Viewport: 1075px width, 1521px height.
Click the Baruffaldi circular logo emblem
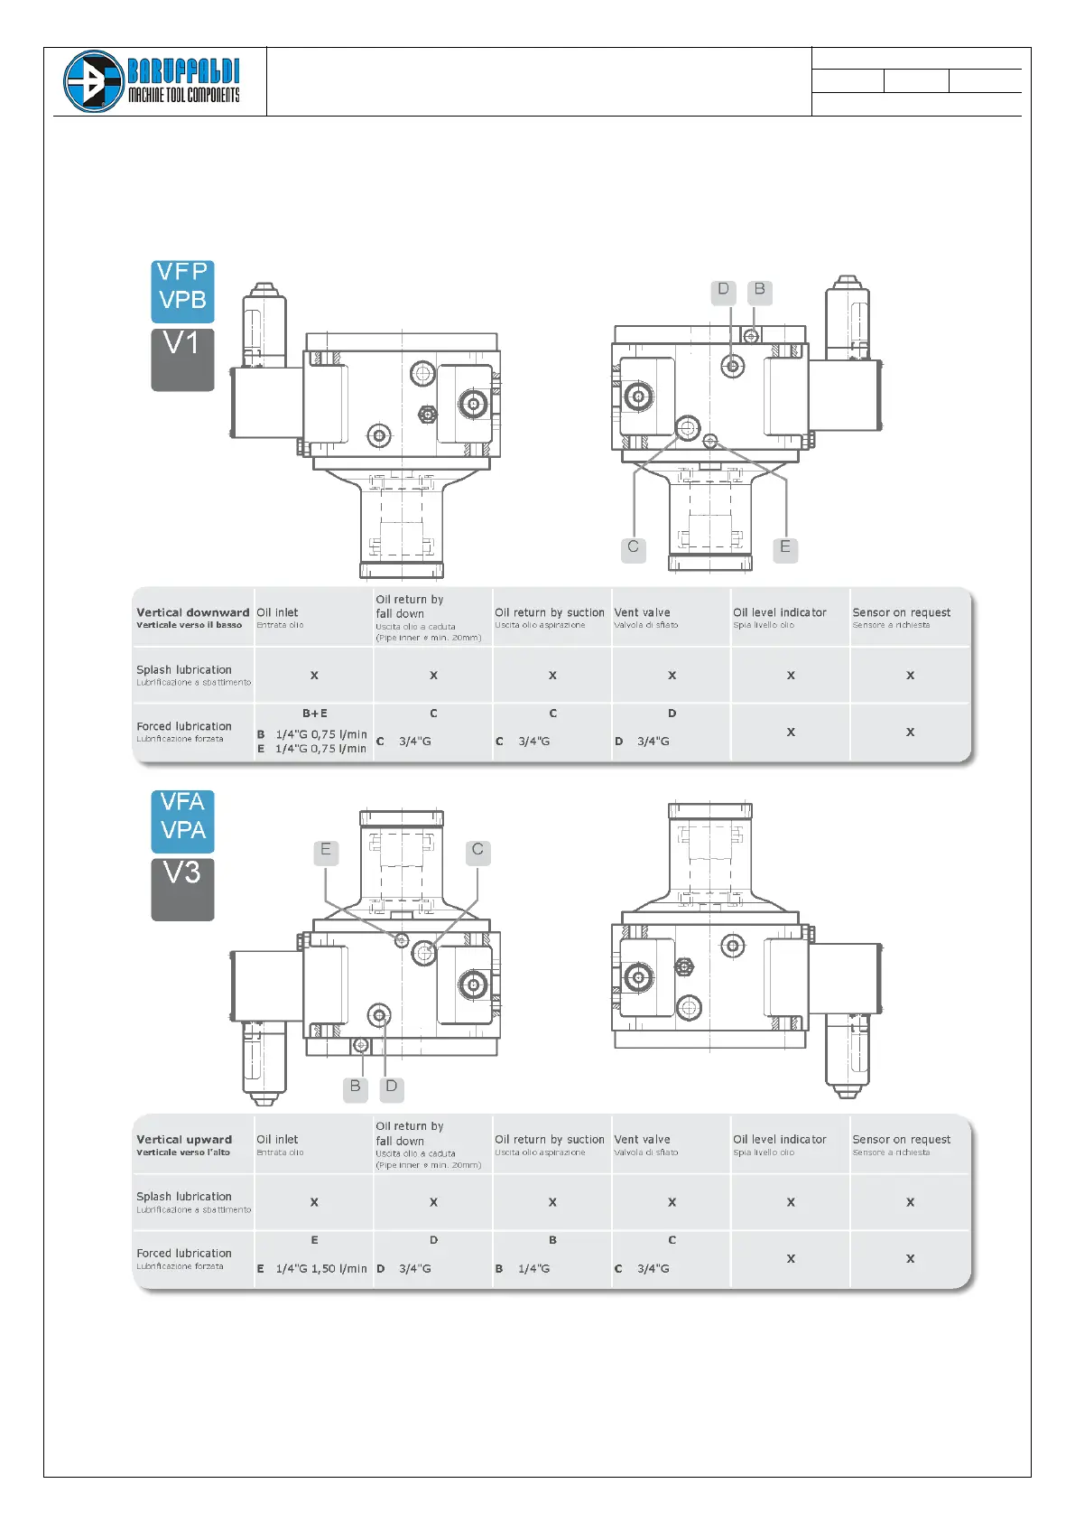tap(93, 81)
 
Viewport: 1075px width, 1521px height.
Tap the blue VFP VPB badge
tap(182, 291)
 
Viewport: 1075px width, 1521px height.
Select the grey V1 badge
tap(182, 359)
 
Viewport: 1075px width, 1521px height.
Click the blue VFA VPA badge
tap(182, 820)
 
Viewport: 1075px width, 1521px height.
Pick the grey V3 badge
tap(182, 889)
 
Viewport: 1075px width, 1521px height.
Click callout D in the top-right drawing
tap(723, 290)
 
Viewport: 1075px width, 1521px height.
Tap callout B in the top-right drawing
tap(760, 290)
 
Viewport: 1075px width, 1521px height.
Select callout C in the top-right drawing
tap(634, 547)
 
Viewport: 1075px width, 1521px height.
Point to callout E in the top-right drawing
tap(785, 547)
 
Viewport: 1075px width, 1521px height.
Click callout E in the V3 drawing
tap(326, 850)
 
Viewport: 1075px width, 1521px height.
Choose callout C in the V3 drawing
tap(477, 850)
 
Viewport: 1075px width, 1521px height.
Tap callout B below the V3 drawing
tap(356, 1087)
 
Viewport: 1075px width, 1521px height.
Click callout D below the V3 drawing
tap(392, 1087)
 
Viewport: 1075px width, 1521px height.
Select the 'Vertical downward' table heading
tap(192, 612)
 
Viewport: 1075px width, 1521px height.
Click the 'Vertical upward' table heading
tap(184, 1140)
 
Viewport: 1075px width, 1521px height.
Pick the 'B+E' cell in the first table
tap(315, 714)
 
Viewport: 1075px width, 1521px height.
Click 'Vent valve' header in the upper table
tap(642, 612)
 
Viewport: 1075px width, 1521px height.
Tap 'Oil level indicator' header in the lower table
tap(779, 1140)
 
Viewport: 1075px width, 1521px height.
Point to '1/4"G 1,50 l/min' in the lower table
tap(321, 1269)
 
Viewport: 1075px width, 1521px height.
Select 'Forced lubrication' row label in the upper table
tap(184, 726)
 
